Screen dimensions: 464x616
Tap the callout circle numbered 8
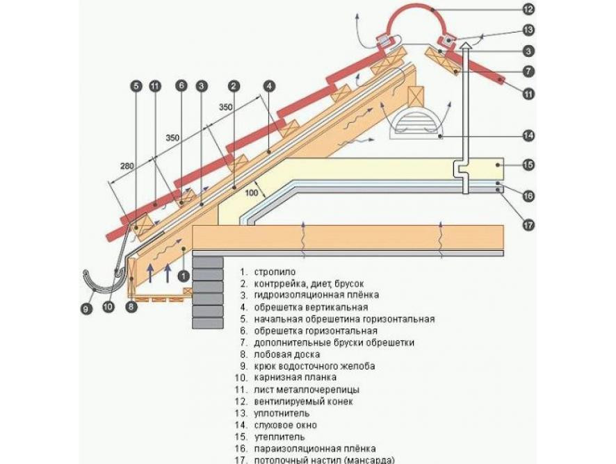tap(131, 306)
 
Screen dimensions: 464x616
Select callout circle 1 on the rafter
tap(183, 275)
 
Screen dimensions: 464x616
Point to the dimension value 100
tap(252, 192)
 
